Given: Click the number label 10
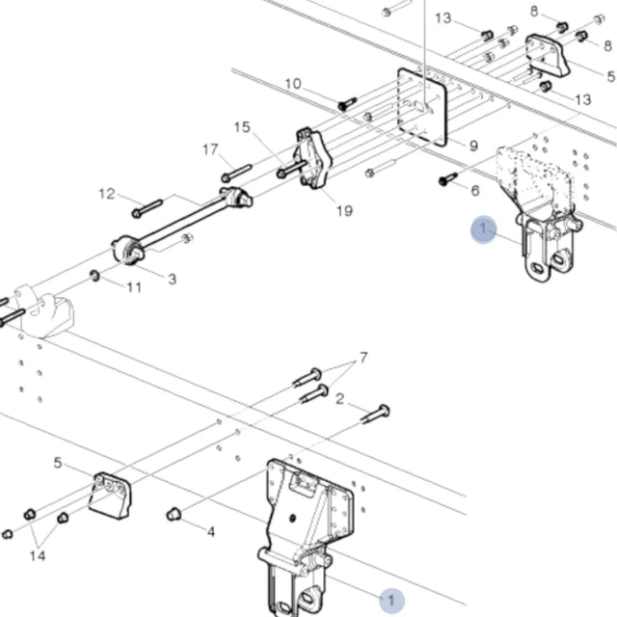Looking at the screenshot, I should (x=293, y=85).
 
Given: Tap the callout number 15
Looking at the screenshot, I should (x=241, y=127).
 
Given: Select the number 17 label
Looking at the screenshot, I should (x=210, y=149).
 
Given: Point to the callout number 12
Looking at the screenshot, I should (x=107, y=194).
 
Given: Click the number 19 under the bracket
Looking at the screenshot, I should (x=344, y=211).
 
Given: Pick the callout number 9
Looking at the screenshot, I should (x=472, y=146).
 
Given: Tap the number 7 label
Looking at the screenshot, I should (x=363, y=359).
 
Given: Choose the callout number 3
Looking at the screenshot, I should (x=171, y=280).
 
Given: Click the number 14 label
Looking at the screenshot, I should (x=38, y=556).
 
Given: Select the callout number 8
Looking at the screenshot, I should (x=534, y=11).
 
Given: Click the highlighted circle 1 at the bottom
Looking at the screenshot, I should (x=390, y=600).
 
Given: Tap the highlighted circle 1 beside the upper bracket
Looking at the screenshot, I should (x=483, y=228).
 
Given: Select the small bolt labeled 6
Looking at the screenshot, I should (x=447, y=178).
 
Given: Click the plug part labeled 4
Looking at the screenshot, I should (x=174, y=513).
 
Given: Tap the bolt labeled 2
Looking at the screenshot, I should (x=375, y=415).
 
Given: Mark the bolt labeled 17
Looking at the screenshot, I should (x=236, y=174).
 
